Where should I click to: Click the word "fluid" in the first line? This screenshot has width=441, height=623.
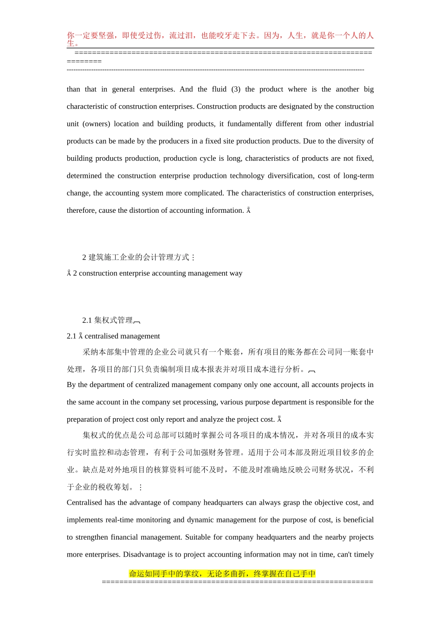tap(219, 89)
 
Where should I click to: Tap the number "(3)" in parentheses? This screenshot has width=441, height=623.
tap(236, 89)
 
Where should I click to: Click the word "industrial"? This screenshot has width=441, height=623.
tap(359, 124)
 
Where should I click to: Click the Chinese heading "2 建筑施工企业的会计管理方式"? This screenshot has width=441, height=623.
tap(136, 257)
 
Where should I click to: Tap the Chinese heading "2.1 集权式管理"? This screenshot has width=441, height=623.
tap(108, 320)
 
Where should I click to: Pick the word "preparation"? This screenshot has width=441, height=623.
tap(84, 420)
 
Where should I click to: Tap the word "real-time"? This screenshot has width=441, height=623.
tap(121, 520)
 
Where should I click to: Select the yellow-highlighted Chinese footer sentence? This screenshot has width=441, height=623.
tap(222, 573)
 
